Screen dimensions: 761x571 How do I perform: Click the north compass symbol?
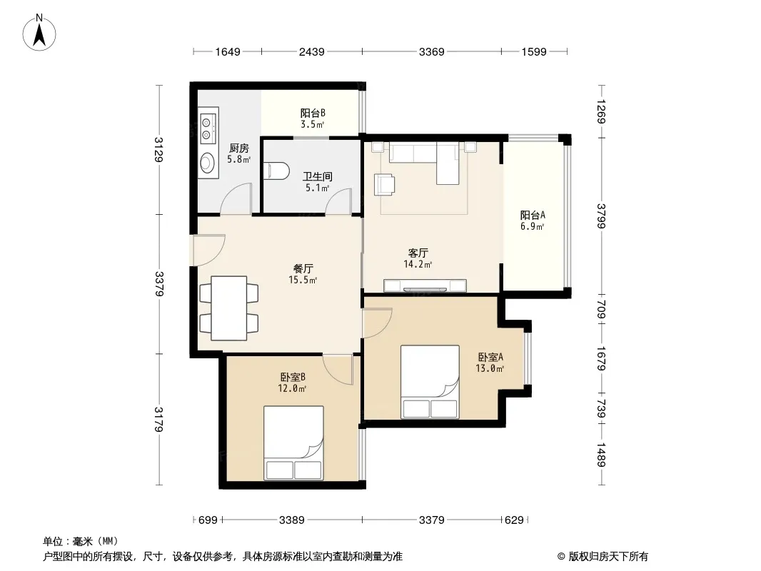point(39,33)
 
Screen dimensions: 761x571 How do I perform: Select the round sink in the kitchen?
point(208,163)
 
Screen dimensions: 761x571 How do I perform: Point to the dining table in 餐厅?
point(228,308)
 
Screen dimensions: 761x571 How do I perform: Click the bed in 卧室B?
point(293,443)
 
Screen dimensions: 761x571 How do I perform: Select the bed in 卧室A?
point(430,382)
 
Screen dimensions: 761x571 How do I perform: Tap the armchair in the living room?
point(384,184)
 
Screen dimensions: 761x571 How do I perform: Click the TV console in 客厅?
point(425,286)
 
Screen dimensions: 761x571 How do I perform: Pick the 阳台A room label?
point(533,215)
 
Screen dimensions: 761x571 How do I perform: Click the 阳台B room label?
point(313,113)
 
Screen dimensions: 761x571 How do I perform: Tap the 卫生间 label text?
point(318,176)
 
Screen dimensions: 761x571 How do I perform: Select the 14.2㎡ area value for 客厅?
point(418,264)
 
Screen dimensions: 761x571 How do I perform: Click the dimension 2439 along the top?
point(311,51)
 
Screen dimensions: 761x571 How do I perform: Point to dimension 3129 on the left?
point(158,149)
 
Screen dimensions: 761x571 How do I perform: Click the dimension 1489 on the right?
point(601,455)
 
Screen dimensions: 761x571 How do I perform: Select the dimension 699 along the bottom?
point(208,520)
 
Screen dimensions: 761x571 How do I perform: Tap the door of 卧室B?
point(338,370)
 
